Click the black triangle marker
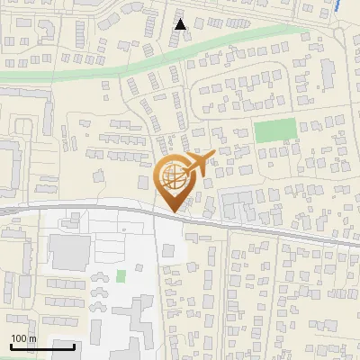(x=181, y=24)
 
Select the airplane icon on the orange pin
(x=202, y=163)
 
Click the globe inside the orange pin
(x=171, y=176)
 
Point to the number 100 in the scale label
(x=20, y=338)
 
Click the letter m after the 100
(x=32, y=338)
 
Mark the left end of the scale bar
(x=11, y=346)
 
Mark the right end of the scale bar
(x=74, y=346)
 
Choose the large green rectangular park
(x=274, y=131)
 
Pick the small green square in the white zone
(x=121, y=275)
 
